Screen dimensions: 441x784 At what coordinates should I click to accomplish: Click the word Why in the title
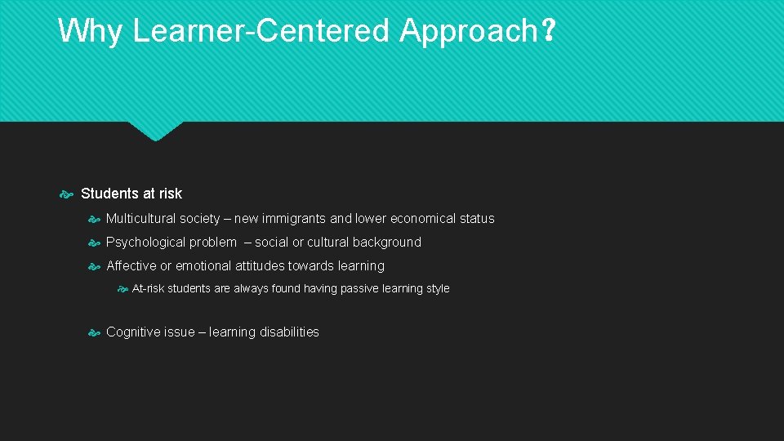[91, 31]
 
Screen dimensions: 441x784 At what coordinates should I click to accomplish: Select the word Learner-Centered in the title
[262, 31]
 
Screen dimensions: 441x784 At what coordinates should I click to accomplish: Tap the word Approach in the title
[467, 31]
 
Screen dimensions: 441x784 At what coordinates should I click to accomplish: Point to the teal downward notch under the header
[155, 131]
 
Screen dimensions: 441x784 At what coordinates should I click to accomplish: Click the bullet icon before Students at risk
[68, 194]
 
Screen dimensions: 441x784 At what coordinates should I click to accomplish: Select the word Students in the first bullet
[109, 194]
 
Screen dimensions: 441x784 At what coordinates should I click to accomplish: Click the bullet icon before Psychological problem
[94, 243]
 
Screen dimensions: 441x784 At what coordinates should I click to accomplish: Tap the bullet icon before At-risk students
[122, 289]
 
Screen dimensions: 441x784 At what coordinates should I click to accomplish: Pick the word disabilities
[289, 332]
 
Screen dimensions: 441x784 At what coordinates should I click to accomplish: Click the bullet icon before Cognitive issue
[94, 332]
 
